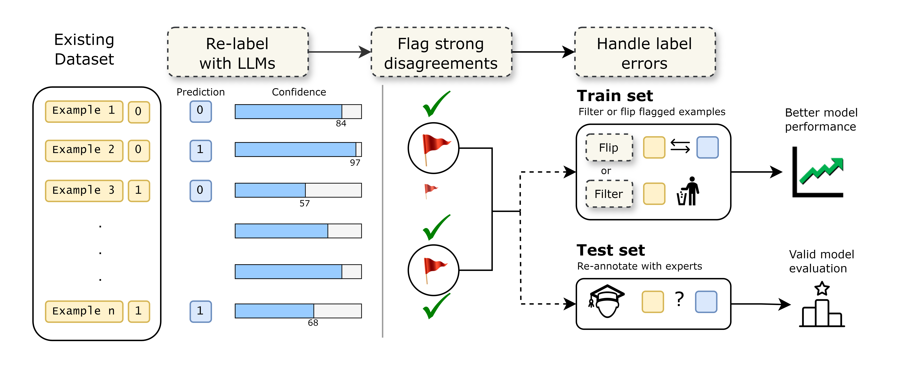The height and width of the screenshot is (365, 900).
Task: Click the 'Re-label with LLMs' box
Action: pos(238,52)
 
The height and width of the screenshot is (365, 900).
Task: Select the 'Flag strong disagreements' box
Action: pos(441,52)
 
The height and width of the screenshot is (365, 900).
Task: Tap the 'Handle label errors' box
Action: pos(645,52)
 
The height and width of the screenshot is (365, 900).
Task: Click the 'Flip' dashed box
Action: pos(609,148)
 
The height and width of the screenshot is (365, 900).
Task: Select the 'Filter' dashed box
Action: pos(609,194)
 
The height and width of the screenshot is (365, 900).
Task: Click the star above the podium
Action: pos(822,288)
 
